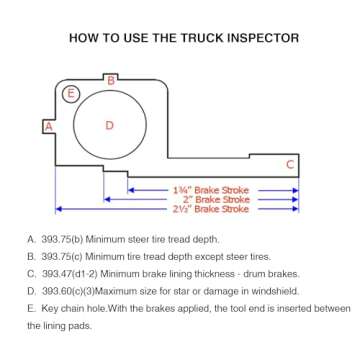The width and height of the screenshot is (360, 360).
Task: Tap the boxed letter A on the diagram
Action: (x=47, y=126)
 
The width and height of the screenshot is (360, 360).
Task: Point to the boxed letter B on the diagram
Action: (x=112, y=79)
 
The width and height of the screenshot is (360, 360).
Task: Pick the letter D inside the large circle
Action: (x=110, y=125)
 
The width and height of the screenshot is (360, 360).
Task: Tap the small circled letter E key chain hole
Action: (x=70, y=95)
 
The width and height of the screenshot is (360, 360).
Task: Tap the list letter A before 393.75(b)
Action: (x=31, y=241)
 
